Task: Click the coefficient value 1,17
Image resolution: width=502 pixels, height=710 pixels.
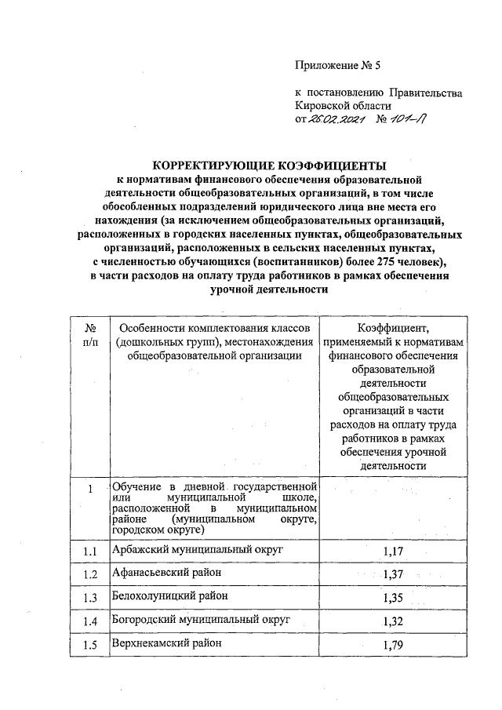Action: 393,552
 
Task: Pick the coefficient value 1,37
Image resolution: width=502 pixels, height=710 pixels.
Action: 393,576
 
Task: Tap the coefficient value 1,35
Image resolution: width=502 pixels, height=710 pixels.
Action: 393,599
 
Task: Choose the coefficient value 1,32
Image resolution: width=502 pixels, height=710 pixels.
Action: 393,623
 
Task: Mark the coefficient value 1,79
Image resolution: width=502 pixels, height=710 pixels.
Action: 393,646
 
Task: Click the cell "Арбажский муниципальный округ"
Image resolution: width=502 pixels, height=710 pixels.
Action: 197,549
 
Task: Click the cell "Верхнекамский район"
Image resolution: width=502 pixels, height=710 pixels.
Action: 167,643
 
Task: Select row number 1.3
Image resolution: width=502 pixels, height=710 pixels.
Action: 90,599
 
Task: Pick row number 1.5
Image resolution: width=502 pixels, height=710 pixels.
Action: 90,646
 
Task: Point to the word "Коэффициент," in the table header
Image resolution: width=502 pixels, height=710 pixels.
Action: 393,328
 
